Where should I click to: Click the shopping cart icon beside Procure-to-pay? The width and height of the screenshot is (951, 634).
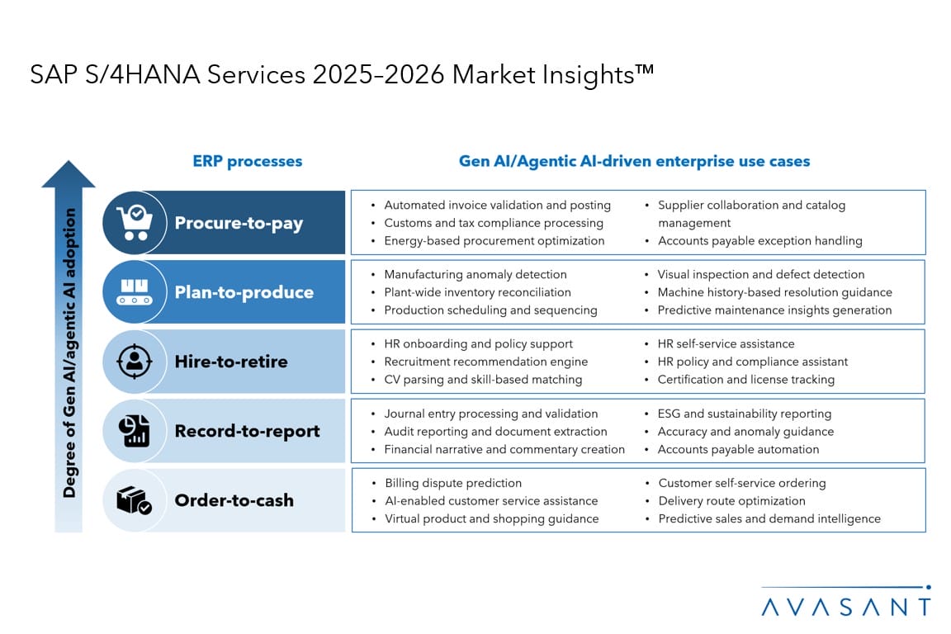pyautogui.click(x=135, y=223)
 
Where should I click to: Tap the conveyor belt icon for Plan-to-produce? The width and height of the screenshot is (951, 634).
pyautogui.click(x=135, y=292)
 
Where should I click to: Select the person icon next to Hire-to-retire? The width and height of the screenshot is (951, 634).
pyautogui.click(x=135, y=362)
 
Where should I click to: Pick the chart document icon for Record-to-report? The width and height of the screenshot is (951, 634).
pyautogui.click(x=135, y=431)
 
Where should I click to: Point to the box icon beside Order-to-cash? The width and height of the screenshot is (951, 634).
pyautogui.click(x=135, y=500)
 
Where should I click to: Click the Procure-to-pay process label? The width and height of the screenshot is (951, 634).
pyautogui.click(x=239, y=223)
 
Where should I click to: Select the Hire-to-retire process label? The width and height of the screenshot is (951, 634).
pyautogui.click(x=231, y=362)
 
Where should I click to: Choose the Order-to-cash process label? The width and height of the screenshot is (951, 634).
pyautogui.click(x=234, y=500)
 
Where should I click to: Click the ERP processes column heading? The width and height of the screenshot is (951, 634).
pyautogui.click(x=248, y=161)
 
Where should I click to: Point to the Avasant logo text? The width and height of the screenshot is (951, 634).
pyautogui.click(x=845, y=607)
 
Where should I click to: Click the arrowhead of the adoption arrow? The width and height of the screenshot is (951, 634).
pyautogui.click(x=69, y=174)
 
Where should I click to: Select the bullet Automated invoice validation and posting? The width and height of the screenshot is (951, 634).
pyautogui.click(x=497, y=206)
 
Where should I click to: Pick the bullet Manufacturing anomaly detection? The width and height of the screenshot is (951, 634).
pyautogui.click(x=475, y=274)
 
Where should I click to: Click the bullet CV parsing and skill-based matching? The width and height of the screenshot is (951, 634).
pyautogui.click(x=483, y=380)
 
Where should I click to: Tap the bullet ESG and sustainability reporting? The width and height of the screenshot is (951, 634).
pyautogui.click(x=744, y=414)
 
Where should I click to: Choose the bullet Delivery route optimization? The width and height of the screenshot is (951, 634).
pyautogui.click(x=731, y=501)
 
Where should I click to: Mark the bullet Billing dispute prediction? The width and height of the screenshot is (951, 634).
pyautogui.click(x=453, y=483)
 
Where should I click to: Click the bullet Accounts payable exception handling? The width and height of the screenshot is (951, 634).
pyautogui.click(x=759, y=241)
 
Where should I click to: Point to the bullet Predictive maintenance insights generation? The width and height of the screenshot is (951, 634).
pyautogui.click(x=774, y=310)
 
